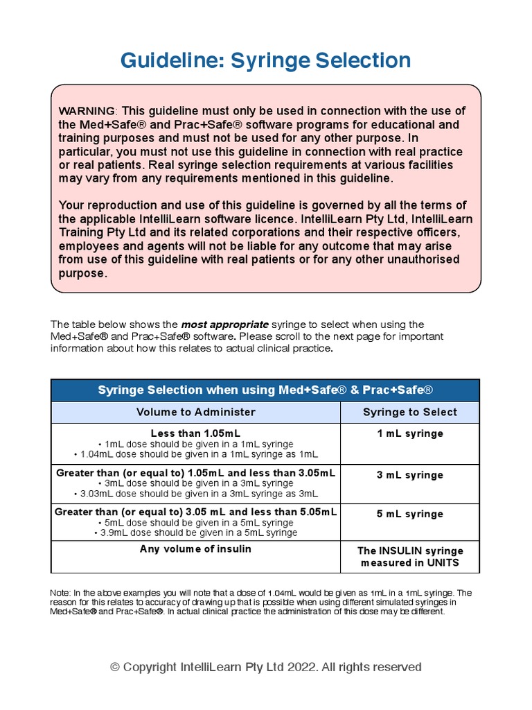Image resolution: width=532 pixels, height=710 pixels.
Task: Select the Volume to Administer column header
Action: [x=195, y=412]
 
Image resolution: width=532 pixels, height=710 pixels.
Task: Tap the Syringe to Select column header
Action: [x=409, y=412]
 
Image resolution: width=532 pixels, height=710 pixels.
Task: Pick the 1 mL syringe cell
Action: [x=409, y=433]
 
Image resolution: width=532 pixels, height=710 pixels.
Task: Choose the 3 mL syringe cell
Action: [x=409, y=475]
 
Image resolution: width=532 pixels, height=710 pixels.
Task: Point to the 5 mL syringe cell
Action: [x=409, y=514]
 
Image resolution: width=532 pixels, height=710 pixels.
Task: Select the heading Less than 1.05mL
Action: [x=195, y=433]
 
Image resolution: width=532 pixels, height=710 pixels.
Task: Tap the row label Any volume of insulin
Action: [x=195, y=548]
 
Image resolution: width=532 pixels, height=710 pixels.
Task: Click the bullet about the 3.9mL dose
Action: [x=195, y=532]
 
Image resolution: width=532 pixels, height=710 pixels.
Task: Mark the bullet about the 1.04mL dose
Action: [x=195, y=454]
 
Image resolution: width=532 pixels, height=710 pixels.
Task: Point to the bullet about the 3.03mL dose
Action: [x=195, y=493]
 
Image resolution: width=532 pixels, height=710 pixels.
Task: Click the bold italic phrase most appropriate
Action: [x=224, y=324]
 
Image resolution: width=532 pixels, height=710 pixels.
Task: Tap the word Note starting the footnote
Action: [x=60, y=593]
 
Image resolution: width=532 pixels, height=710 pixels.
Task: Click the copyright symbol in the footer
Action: [x=115, y=667]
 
